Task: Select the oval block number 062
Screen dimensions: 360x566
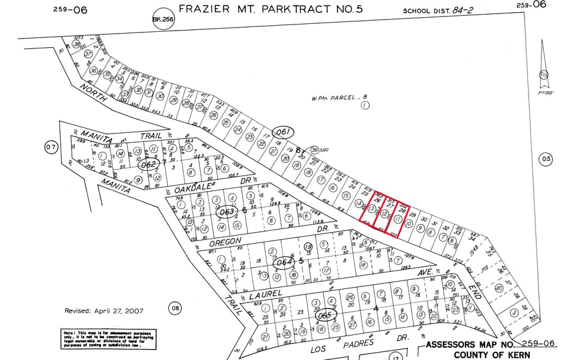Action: click(x=148, y=164)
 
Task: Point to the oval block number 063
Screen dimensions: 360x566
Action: click(x=227, y=212)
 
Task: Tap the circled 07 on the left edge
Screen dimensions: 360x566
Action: click(x=51, y=147)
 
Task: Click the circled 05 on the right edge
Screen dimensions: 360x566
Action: click(x=545, y=159)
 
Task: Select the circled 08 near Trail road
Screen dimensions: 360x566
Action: click(x=176, y=308)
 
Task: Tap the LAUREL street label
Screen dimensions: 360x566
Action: click(x=265, y=294)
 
